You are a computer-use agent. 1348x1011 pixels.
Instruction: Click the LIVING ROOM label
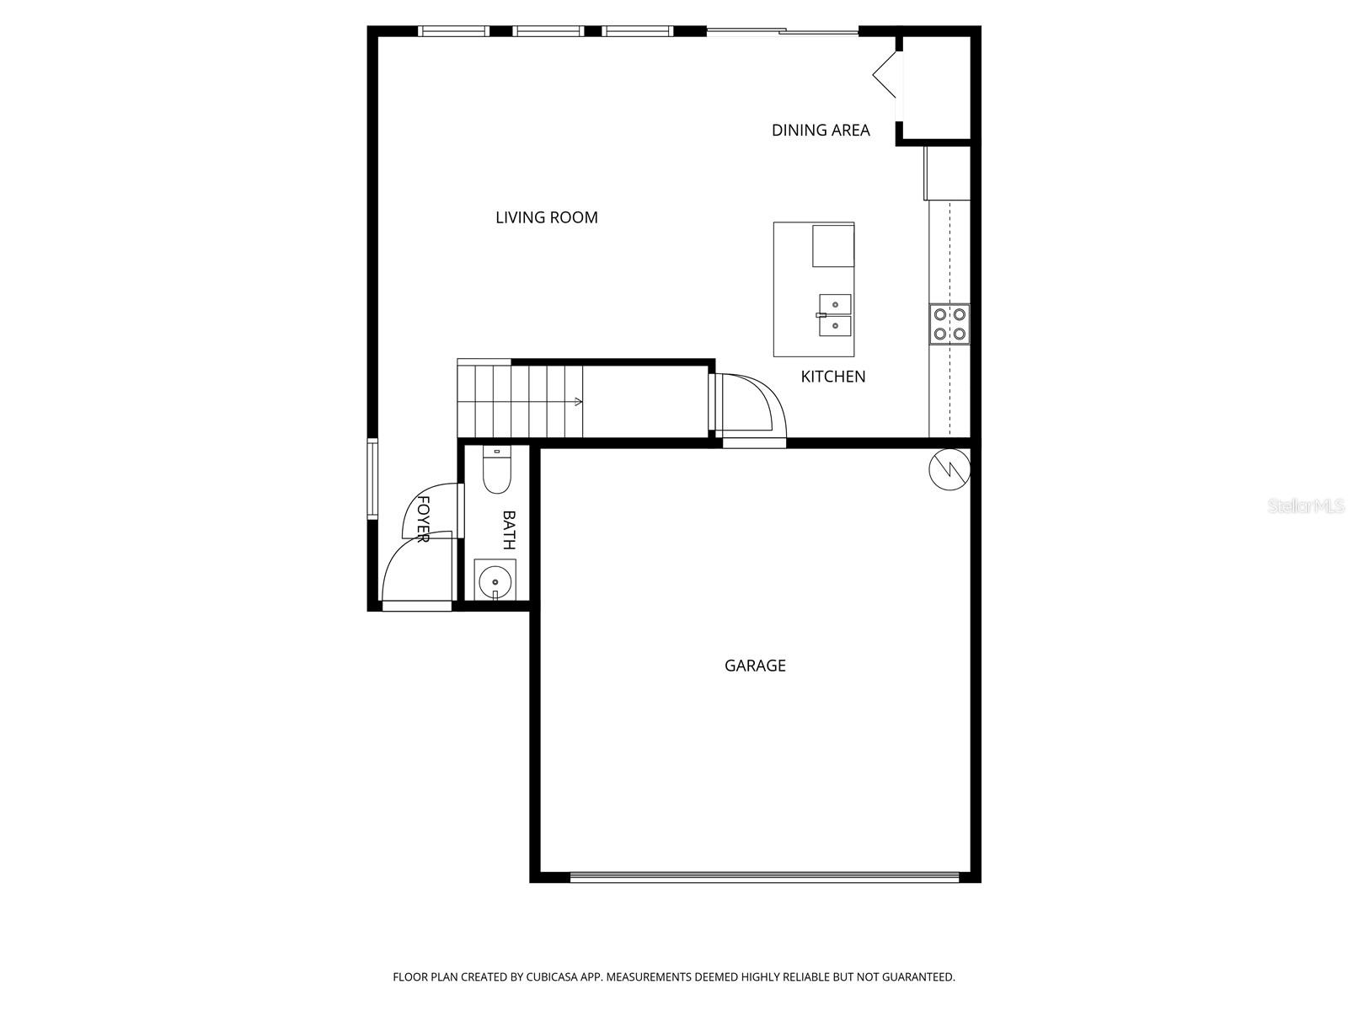547,217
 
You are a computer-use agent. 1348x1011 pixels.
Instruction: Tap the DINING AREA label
821,130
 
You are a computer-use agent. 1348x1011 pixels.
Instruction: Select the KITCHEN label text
832,377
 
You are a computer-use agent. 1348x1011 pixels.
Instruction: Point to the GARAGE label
755,666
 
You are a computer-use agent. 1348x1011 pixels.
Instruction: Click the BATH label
509,530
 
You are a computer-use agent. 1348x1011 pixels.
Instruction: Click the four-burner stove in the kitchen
949,324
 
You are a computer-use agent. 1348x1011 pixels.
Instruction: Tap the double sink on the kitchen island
834,315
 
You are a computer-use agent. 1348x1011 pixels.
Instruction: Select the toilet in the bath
496,471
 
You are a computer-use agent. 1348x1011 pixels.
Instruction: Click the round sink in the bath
495,581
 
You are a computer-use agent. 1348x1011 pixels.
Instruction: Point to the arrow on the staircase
578,402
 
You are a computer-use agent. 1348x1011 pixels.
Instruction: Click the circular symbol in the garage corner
949,470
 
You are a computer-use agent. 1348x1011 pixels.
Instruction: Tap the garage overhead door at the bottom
764,877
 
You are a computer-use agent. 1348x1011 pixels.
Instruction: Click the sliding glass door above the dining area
782,32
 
